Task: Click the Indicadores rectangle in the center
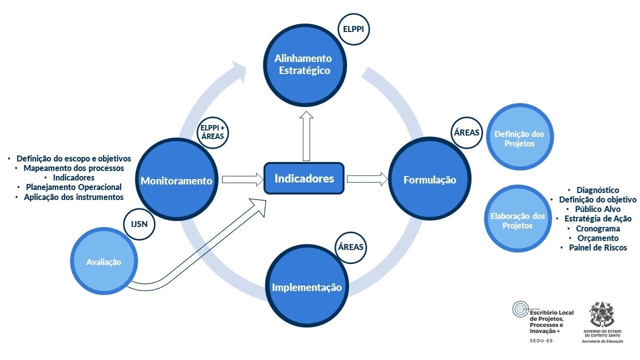[304, 178]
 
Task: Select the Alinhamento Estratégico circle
[302, 65]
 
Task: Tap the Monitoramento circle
[176, 181]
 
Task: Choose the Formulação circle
[429, 180]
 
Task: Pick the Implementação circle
[306, 287]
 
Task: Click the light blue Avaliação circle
[104, 262]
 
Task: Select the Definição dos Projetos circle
[519, 139]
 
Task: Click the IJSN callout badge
[139, 224]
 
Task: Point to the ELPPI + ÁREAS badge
[212, 131]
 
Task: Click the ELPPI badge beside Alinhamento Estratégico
[353, 29]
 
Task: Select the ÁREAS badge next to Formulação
[466, 133]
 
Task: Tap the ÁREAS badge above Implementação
[350, 247]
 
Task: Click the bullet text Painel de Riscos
[597, 247]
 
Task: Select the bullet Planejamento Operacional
[73, 187]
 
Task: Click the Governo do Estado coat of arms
[601, 313]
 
